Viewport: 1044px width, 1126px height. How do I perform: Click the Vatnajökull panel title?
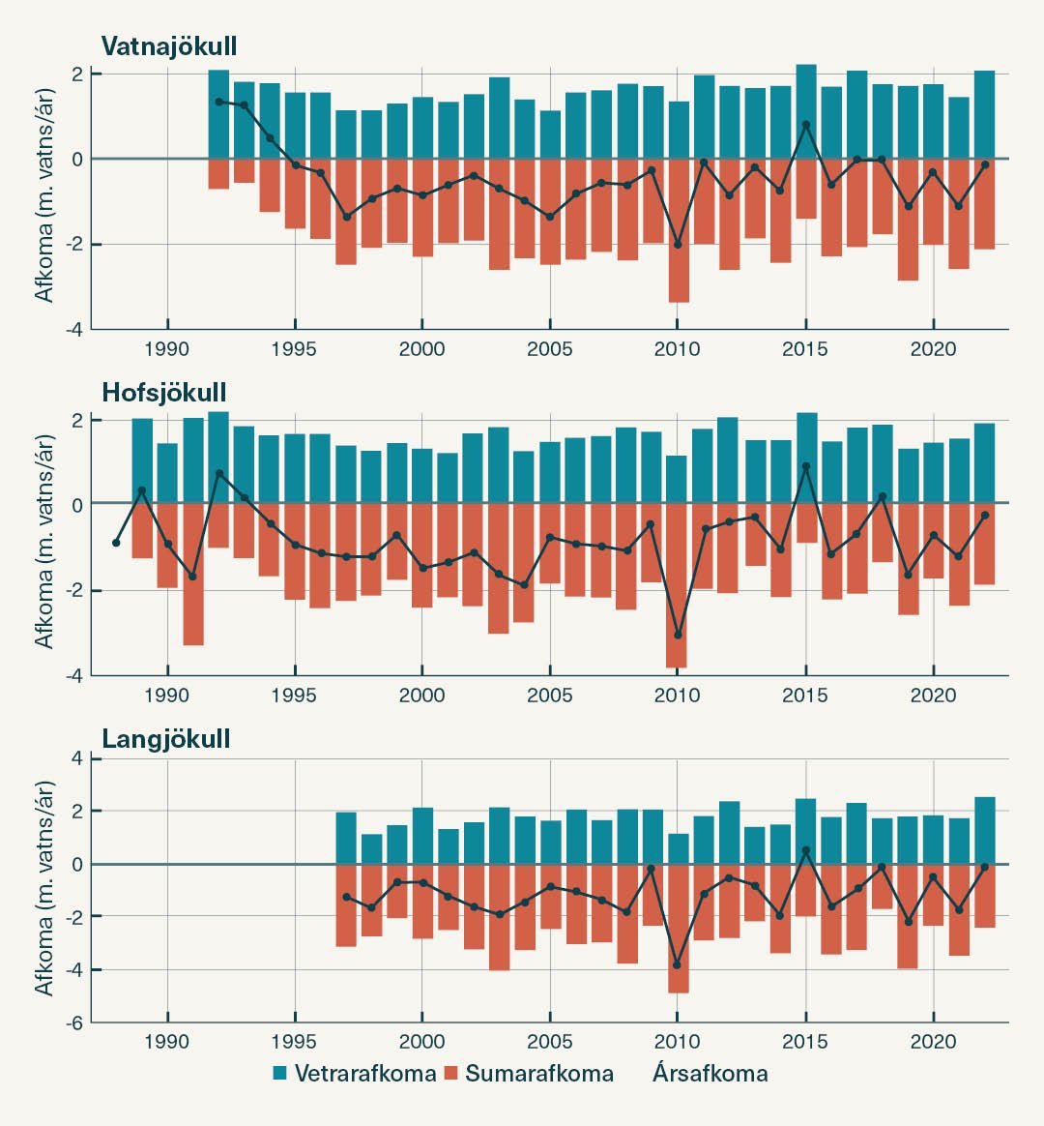(169, 46)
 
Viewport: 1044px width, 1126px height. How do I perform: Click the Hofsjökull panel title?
(164, 392)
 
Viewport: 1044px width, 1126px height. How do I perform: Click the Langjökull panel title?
(166, 739)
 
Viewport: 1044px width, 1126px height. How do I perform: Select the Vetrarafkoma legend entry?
(354, 1073)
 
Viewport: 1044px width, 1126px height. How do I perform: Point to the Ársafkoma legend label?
(710, 1073)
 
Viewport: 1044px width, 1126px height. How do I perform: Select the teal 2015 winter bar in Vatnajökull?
(806, 111)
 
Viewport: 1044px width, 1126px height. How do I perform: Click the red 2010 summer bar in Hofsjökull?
(677, 585)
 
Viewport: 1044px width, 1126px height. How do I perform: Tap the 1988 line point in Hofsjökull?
(117, 543)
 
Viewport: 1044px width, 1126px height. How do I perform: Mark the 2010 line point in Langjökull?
(677, 965)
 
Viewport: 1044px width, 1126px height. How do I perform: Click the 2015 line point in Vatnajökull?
(806, 125)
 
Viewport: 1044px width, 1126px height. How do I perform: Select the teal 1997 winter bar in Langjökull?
(346, 838)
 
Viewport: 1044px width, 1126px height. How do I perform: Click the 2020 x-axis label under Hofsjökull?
(933, 695)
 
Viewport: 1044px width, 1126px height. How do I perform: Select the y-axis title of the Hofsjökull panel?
(44, 541)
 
